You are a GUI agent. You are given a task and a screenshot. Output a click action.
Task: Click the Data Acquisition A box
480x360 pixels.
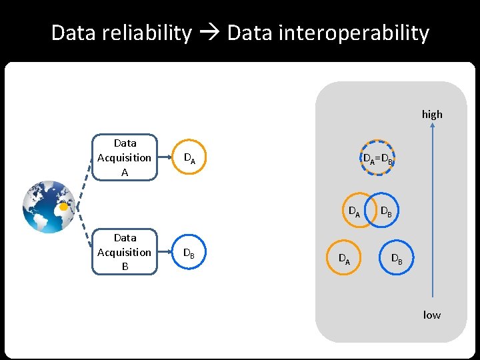point(125,158)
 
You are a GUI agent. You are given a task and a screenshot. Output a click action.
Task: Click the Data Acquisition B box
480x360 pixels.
point(125,253)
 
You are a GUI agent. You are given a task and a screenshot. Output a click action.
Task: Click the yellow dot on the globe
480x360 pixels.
point(63,207)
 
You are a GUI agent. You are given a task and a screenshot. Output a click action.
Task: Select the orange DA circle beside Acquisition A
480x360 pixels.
point(189,159)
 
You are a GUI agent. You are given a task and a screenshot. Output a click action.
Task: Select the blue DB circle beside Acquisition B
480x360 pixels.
point(189,253)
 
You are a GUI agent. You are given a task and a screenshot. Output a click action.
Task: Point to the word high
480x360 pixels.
point(432,114)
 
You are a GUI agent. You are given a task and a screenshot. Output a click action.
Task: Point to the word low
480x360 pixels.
point(432,315)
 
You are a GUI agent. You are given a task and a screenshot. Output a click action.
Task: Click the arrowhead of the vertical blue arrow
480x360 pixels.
point(433,131)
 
